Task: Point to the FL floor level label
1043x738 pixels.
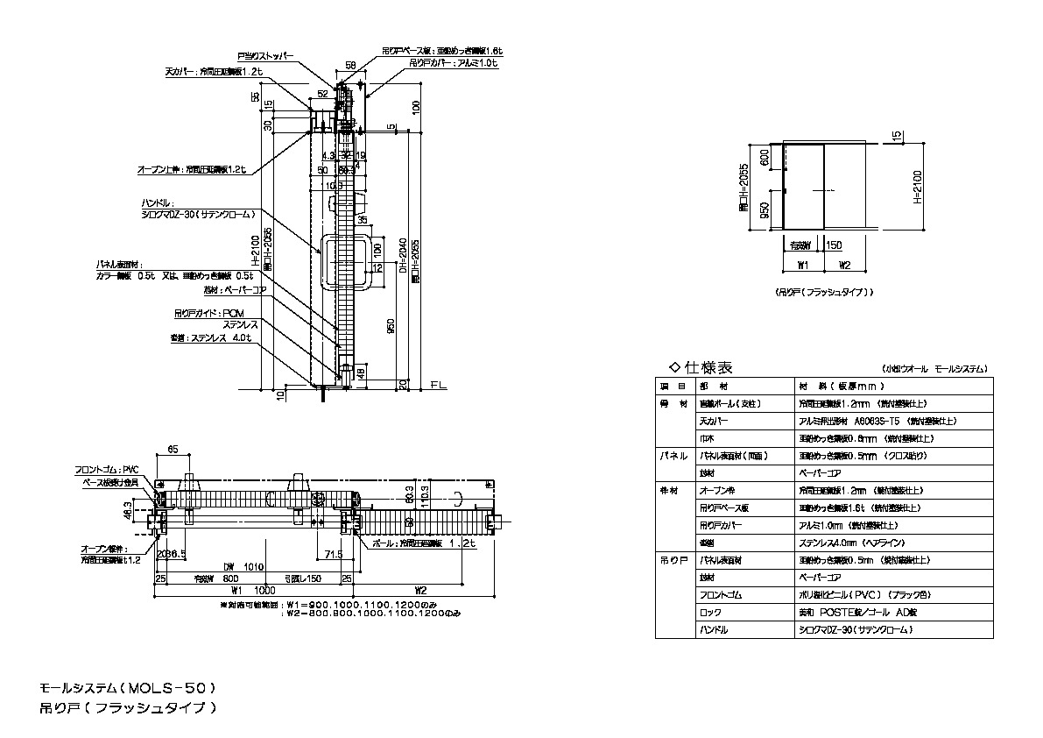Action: pyautogui.click(x=438, y=385)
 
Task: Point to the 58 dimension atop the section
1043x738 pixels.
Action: pyautogui.click(x=350, y=65)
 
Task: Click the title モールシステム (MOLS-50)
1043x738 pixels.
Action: pyautogui.click(x=127, y=687)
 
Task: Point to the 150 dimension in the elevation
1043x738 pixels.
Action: pyautogui.click(x=834, y=246)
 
